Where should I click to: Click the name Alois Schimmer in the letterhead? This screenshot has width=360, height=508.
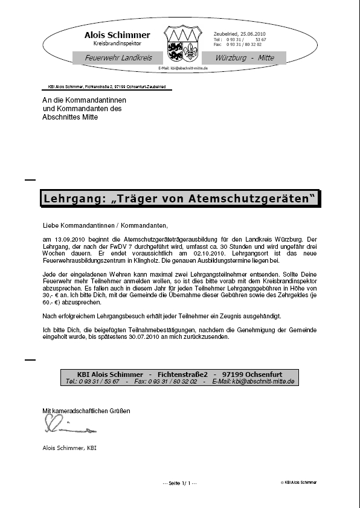point(117,35)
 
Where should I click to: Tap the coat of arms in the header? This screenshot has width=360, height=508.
point(182,43)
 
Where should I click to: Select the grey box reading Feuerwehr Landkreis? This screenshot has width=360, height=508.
point(118,58)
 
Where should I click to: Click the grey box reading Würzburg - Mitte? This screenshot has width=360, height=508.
point(245,58)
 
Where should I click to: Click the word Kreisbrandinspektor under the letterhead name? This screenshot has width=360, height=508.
point(117,44)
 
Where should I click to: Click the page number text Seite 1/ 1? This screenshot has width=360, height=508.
point(180,483)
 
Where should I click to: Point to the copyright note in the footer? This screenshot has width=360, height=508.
point(298,483)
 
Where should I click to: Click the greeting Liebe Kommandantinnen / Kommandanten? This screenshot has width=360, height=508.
point(105,226)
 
